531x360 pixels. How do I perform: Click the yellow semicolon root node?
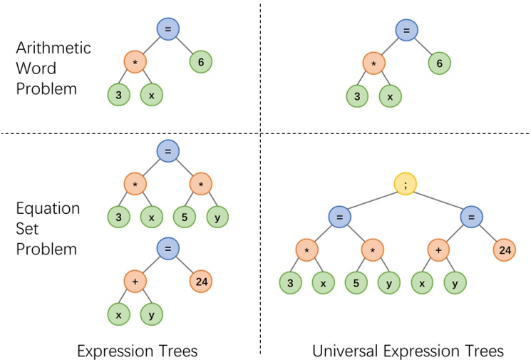[x=406, y=185]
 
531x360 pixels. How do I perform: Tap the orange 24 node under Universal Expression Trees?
[x=504, y=250]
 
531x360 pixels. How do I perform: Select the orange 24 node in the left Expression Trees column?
[x=201, y=282]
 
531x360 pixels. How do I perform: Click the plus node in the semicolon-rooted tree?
[x=439, y=250]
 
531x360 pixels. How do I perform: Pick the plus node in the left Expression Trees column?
[x=135, y=282]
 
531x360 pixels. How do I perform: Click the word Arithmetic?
[x=53, y=48]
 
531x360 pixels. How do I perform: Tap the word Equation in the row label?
[x=47, y=209]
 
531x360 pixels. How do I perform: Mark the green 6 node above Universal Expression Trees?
[x=439, y=63]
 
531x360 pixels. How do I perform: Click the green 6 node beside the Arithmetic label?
[x=201, y=63]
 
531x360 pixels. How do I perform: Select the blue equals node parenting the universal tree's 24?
[x=471, y=217]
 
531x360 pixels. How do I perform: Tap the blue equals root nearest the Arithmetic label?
[x=168, y=29]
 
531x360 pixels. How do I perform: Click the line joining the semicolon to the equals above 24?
[x=438, y=200]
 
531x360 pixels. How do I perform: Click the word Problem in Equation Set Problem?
[x=46, y=250]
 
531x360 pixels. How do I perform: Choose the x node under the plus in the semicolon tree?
[x=423, y=283]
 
